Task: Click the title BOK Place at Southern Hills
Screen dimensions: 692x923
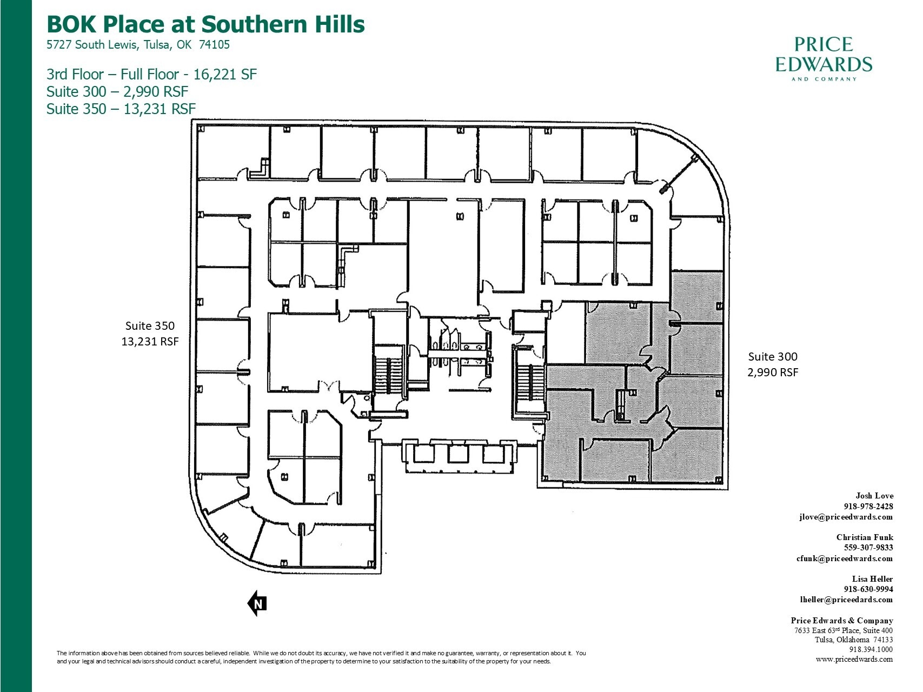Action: (205, 24)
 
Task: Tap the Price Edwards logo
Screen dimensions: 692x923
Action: (823, 58)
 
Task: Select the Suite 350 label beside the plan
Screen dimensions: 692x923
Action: (150, 326)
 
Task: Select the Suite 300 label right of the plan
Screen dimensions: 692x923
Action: (772, 357)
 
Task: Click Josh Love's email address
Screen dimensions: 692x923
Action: (846, 517)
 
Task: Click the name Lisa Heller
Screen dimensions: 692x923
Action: (872, 579)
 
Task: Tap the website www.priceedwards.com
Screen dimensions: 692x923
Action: (854, 659)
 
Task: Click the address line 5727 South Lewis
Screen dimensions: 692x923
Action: (138, 45)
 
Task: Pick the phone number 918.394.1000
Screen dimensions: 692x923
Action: (871, 649)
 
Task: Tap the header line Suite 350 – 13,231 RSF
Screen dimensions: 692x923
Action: (121, 109)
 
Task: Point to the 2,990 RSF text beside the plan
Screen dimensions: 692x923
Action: (772, 372)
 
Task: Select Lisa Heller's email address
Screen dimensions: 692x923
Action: (846, 600)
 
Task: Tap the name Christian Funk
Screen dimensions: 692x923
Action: (864, 537)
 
